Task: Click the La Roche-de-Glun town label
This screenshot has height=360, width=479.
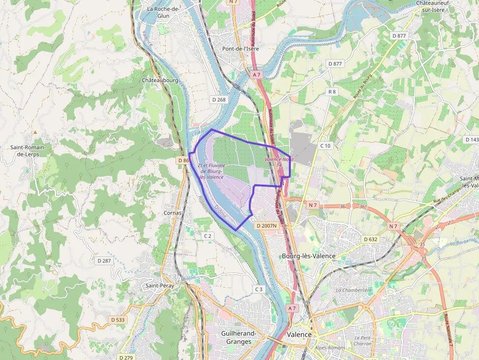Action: click(x=164, y=12)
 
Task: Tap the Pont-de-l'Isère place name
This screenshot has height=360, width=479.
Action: click(x=240, y=49)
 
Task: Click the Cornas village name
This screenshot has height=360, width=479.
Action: click(x=172, y=213)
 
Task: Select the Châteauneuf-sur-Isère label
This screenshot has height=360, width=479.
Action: click(x=433, y=6)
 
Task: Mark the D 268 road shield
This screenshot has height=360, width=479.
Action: click(x=219, y=100)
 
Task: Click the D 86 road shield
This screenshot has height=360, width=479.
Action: click(x=183, y=160)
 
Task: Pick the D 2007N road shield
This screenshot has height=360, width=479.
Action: click(x=266, y=226)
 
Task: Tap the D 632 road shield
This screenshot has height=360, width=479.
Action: click(x=371, y=239)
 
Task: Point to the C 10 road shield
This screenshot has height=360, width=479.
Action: click(x=325, y=146)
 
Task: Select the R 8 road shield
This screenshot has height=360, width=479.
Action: click(x=332, y=92)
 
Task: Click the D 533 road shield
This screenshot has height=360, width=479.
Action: click(x=118, y=319)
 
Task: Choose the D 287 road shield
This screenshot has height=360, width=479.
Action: click(x=104, y=261)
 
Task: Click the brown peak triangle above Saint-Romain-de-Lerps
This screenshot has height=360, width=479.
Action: click(x=35, y=132)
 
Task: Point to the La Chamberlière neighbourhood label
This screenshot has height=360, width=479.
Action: click(x=354, y=290)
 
